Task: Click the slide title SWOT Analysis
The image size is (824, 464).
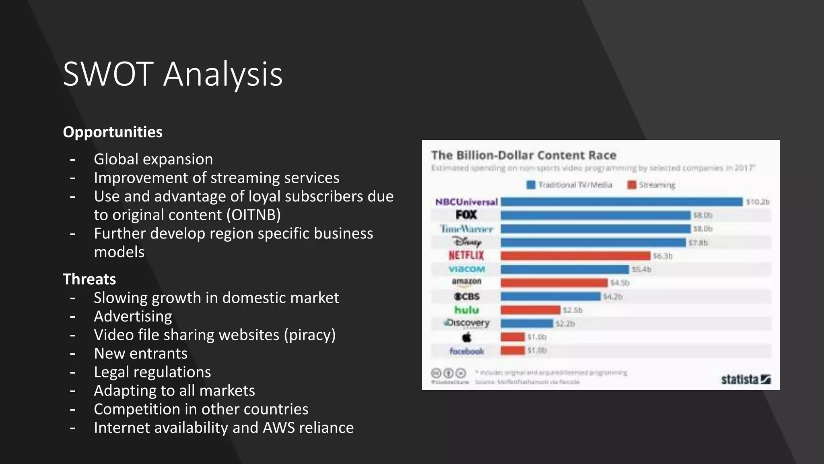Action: coord(173,74)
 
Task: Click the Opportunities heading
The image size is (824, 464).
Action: coord(113,132)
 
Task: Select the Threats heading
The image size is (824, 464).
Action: coord(89,279)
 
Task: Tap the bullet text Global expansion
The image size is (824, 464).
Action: coord(153,159)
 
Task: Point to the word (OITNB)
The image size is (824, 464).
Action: coord(253,215)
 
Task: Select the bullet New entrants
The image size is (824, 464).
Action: coord(140,353)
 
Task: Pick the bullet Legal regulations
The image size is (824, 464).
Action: coord(152,372)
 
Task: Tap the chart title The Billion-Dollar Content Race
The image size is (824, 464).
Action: coord(523,155)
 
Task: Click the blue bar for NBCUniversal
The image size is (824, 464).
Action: coord(621,202)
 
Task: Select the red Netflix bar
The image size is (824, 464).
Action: coord(575,256)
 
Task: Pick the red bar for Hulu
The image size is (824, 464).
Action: coord(530,310)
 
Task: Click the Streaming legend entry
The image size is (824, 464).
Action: coord(652,185)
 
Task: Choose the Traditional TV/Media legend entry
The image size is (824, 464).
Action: coord(570,185)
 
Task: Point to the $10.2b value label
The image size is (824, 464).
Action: coord(758,202)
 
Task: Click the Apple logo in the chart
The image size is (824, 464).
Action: coord(466,337)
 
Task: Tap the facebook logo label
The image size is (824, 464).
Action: coord(466,351)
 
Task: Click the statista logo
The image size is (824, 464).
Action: coord(745,379)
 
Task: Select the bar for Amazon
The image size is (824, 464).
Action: coord(554,283)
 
